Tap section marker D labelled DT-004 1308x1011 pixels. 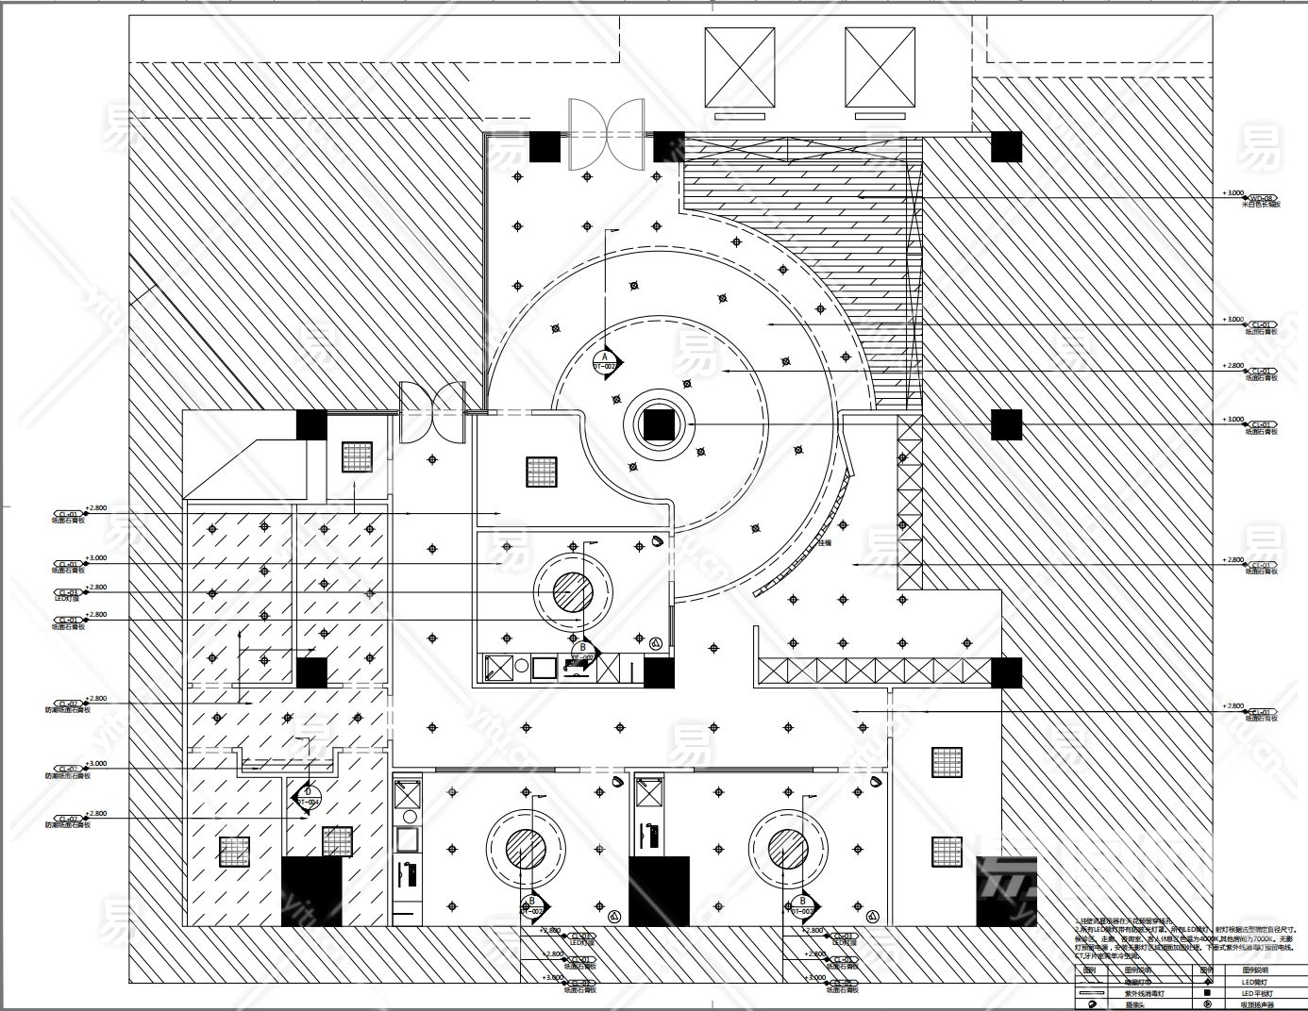coord(308,797)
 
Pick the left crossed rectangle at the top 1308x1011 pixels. coord(739,67)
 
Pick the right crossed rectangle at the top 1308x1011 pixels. coord(880,67)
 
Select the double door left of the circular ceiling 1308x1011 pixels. coord(432,413)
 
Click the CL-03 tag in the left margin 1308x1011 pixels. coord(67,593)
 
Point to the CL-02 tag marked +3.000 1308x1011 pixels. coord(67,770)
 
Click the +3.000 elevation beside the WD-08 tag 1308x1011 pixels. coord(1233,192)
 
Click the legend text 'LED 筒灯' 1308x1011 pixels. coord(1254,982)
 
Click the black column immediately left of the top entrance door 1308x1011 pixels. coord(544,147)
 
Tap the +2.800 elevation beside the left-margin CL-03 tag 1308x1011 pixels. coord(96,587)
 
